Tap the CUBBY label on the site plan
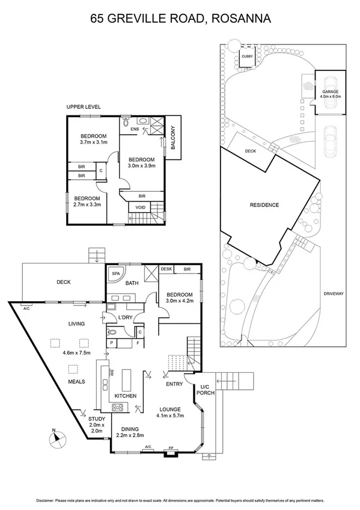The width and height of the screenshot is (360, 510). coord(247,57)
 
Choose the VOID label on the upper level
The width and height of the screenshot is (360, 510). coord(140,207)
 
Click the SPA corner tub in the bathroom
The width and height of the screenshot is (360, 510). coord(115,274)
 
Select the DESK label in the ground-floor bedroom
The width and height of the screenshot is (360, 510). coord(166,269)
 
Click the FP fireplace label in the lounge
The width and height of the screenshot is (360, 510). coord(171,448)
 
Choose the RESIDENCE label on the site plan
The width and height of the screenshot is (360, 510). coord(264,205)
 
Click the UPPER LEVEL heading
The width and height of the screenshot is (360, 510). coord(84,106)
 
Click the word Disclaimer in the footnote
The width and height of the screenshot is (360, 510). coord(46,500)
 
